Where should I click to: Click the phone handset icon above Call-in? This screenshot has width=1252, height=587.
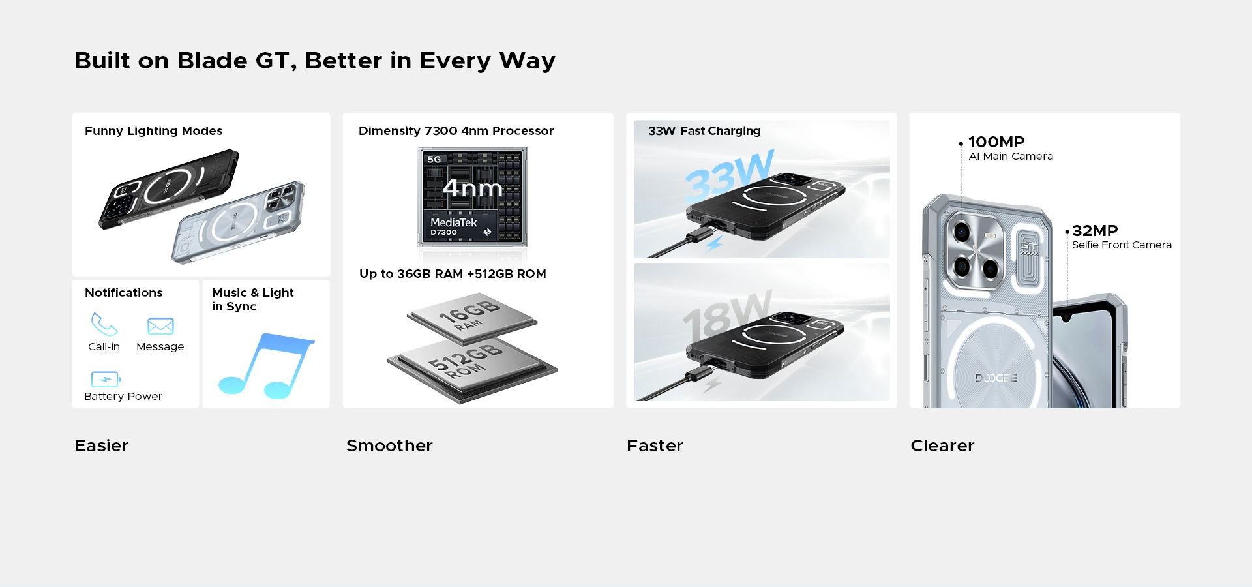tap(104, 324)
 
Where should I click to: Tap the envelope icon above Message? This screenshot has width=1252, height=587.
tap(160, 325)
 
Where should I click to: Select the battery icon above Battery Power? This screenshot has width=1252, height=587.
tap(105, 379)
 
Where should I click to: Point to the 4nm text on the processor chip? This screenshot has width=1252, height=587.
tap(473, 188)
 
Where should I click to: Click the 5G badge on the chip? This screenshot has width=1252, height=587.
tap(434, 159)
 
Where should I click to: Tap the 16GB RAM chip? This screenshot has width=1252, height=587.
tap(472, 320)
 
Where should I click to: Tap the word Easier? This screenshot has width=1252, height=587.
tap(101, 445)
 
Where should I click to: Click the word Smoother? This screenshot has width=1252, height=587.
tap(389, 445)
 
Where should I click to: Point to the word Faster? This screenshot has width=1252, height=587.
tap(655, 445)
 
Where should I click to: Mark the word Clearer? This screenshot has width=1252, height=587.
tap(942, 445)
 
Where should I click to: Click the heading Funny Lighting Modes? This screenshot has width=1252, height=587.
tap(154, 131)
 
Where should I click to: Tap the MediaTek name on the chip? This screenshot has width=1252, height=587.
tap(454, 222)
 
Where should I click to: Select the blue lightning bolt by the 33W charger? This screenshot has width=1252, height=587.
tap(714, 244)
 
